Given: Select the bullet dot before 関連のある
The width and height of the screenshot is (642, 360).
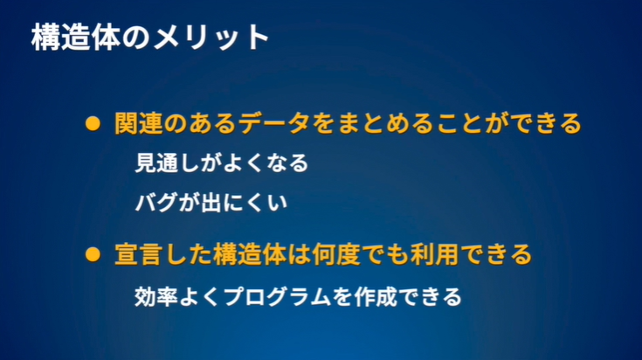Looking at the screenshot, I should pyautogui.click(x=92, y=124).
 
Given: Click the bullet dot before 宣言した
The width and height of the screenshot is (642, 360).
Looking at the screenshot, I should pyautogui.click(x=92, y=256).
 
